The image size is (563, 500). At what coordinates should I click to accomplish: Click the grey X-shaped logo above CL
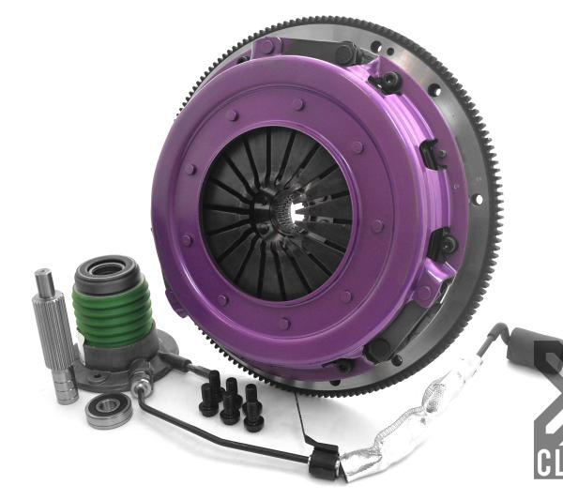[549, 394]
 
